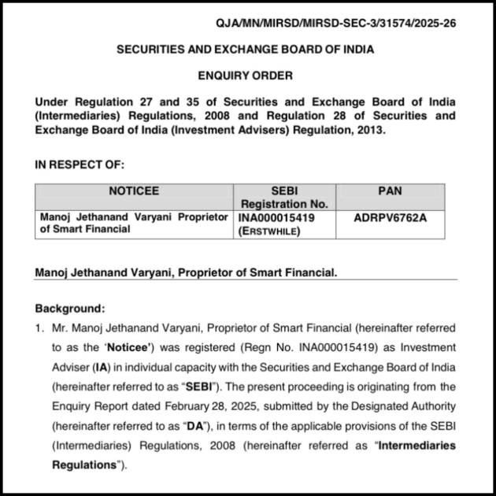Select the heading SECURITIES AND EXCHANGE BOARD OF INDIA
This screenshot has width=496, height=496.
[245, 50]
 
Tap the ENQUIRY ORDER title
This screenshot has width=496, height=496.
[245, 76]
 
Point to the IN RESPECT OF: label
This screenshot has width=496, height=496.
[80, 165]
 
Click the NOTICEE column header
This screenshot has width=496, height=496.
[134, 191]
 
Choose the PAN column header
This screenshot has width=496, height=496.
[390, 191]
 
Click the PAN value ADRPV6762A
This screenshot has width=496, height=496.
[391, 217]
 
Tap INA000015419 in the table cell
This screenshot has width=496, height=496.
[272, 217]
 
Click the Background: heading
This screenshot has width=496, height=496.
[70, 309]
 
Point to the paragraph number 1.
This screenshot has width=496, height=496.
[39, 328]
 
